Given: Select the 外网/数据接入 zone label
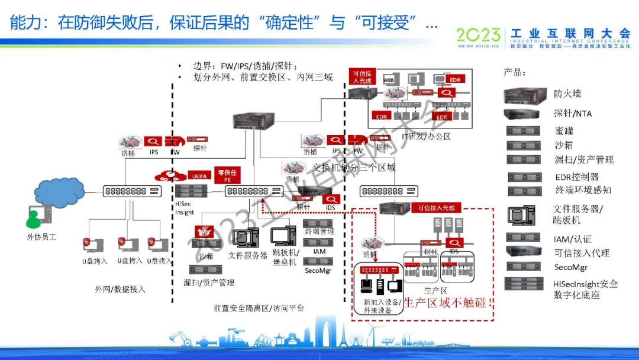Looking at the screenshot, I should pos(120,290).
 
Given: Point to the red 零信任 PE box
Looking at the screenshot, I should pos(227,175).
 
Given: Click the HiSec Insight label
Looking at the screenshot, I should pos(185,208).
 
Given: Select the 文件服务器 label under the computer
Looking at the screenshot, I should pos(248,255).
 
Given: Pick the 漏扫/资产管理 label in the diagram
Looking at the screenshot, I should pos(209,282).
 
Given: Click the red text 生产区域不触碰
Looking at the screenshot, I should pos(448,303).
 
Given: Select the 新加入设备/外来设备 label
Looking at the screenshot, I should pos(383,306).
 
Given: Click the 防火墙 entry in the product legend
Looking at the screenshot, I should pos(567,94).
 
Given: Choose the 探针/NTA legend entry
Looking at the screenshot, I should pos(572,113).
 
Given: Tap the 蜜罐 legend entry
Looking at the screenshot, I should pos(564,130).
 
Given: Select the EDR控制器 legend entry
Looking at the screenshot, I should pos(576,176).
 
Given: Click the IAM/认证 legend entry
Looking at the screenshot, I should pos(572,239).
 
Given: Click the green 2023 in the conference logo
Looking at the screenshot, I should pos(479,35).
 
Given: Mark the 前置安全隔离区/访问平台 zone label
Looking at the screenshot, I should pos(259,308).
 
